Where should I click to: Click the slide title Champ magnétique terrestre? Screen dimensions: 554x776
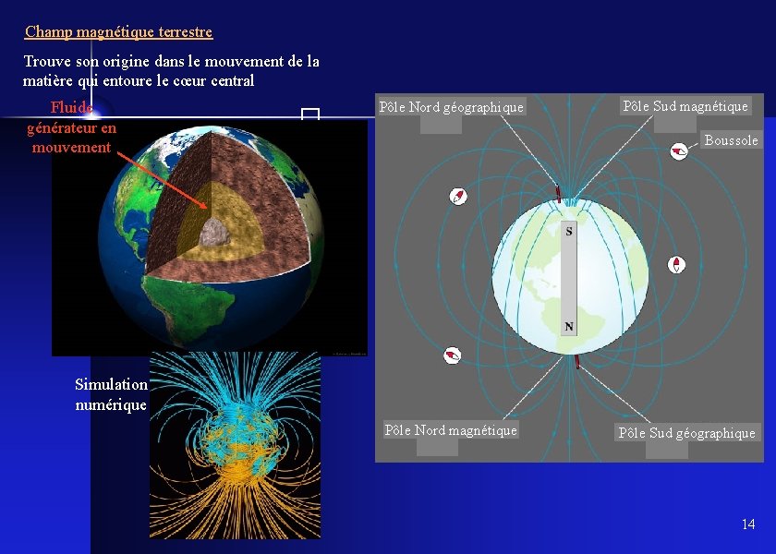[118, 32]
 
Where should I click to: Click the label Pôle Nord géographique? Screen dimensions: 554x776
[452, 107]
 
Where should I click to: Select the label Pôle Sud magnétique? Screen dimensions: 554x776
[685, 106]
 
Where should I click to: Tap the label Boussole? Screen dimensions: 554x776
[731, 140]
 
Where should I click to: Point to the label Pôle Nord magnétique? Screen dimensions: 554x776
[451, 430]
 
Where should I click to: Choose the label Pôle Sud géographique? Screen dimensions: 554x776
[686, 433]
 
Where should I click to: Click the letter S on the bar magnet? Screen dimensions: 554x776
[569, 231]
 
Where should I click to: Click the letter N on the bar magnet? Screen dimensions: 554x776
[569, 327]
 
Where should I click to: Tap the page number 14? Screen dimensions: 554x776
[747, 524]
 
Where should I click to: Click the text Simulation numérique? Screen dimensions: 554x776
[111, 394]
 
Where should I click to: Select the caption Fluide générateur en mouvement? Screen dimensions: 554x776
[71, 127]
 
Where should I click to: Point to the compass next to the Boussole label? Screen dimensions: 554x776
[679, 151]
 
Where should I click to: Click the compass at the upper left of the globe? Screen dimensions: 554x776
[458, 196]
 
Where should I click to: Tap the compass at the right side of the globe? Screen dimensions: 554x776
[677, 265]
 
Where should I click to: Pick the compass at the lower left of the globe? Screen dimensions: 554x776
[452, 355]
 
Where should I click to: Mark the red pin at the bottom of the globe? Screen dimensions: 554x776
[578, 361]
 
